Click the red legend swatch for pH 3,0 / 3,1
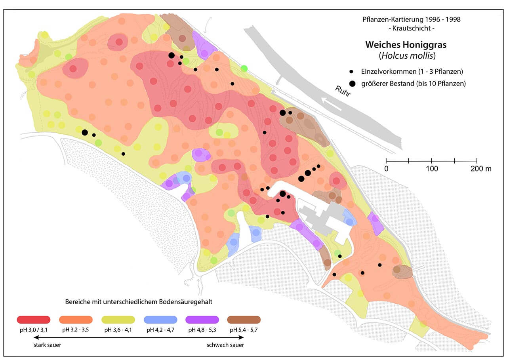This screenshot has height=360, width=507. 34,320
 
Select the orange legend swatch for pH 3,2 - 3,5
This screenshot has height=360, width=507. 76,320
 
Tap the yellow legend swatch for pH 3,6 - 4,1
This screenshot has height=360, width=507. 118,320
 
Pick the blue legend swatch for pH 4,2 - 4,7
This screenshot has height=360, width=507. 160,320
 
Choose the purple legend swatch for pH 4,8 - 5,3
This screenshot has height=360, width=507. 202,320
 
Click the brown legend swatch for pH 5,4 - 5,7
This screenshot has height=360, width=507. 244,320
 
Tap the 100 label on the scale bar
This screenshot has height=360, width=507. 432,169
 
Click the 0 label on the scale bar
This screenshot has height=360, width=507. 386,169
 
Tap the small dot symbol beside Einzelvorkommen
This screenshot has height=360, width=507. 351,72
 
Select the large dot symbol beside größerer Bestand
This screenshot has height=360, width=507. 351,83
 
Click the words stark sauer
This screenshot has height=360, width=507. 47,345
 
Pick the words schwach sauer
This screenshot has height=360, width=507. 225,345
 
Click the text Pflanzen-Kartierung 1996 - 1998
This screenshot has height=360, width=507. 412,19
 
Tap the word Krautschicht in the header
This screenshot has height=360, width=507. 412,29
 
